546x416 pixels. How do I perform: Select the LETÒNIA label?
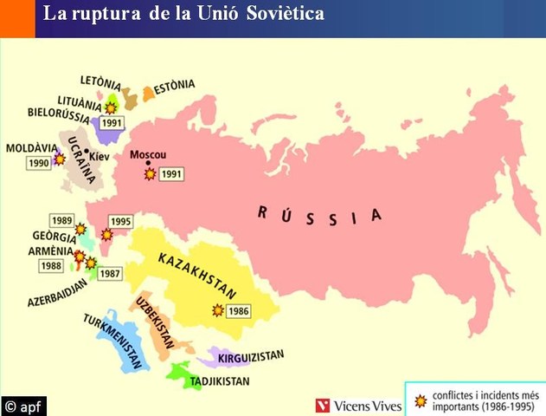tap(100, 81)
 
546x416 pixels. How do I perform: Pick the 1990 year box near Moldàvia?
tap(39, 163)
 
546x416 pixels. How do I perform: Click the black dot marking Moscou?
tap(148, 164)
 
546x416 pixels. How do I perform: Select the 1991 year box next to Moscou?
tap(172, 174)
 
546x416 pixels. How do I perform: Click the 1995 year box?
tap(120, 222)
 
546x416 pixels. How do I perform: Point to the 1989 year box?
tap(61, 220)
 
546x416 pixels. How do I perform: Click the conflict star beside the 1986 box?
tap(218, 309)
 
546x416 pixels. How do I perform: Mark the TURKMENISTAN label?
tap(113, 339)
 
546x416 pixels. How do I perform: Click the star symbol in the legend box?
tap(421, 400)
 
